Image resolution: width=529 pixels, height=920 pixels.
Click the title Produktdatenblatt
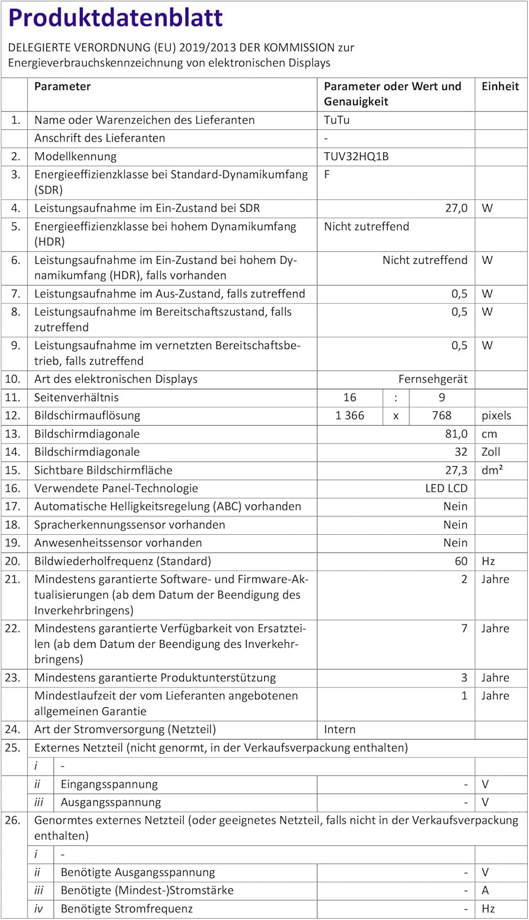(x=115, y=18)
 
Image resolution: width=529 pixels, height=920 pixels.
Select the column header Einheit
(x=500, y=86)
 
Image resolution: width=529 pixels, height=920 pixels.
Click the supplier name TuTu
(x=337, y=120)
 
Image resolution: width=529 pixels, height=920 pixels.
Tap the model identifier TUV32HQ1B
(x=356, y=156)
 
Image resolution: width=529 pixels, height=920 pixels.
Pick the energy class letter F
(x=327, y=175)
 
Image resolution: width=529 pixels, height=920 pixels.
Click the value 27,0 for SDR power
(x=456, y=209)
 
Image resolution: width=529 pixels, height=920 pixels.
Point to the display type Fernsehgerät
(x=433, y=379)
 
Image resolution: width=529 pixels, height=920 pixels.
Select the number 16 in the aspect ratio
(x=349, y=397)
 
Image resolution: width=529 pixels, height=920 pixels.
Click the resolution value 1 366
(x=349, y=416)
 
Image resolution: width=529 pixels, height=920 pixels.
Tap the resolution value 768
(x=441, y=416)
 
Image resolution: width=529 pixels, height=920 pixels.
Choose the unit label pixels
(x=496, y=416)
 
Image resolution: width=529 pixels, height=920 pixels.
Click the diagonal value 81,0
(x=456, y=434)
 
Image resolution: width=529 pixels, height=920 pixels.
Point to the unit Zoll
(x=490, y=452)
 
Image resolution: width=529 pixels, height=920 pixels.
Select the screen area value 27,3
(x=456, y=470)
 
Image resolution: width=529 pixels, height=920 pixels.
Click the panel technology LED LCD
(x=446, y=489)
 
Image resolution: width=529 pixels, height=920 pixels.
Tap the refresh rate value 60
(x=461, y=561)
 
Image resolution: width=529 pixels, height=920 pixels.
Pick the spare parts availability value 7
(x=464, y=629)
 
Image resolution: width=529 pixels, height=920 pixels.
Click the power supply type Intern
(x=340, y=730)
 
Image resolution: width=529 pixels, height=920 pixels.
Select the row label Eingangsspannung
(x=109, y=784)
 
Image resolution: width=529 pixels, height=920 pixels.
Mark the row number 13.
(x=13, y=434)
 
